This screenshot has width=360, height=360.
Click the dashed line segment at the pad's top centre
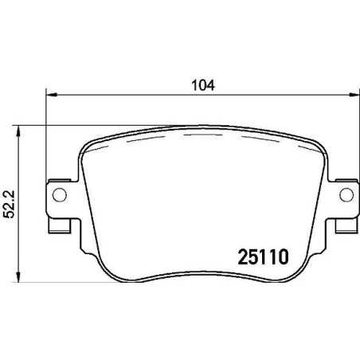(202, 135)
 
